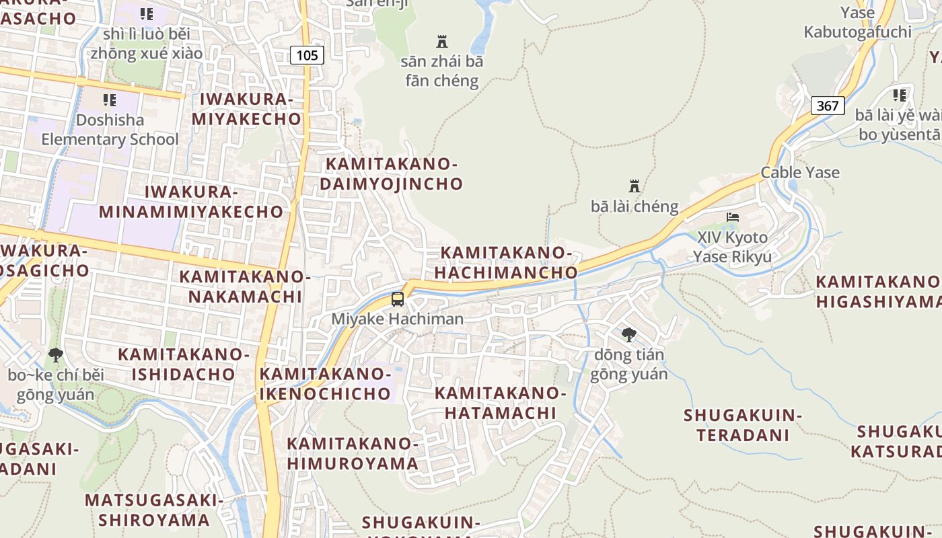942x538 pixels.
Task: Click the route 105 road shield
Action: [x=307, y=55]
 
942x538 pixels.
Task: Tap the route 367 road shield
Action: [x=828, y=106]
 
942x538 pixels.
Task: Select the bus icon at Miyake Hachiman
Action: [x=398, y=299]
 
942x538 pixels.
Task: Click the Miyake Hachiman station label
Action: [x=398, y=319]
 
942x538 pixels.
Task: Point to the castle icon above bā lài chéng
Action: [x=634, y=186]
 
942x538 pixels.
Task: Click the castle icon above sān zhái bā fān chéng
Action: [x=442, y=41]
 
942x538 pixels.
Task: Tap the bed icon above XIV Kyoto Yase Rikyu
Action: [x=733, y=217]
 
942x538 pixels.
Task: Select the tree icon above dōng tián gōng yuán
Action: [x=629, y=334]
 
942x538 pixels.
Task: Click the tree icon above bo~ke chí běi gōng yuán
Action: [x=56, y=354]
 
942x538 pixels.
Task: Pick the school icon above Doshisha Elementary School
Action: [x=110, y=100]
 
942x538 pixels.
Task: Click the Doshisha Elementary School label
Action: [x=110, y=130]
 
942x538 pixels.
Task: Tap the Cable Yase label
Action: [x=800, y=172]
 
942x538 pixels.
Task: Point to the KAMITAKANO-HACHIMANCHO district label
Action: [x=506, y=262]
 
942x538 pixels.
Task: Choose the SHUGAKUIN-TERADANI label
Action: [x=743, y=425]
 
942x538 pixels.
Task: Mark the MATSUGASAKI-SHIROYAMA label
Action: [x=154, y=510]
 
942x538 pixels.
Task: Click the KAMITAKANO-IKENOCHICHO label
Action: [x=325, y=383]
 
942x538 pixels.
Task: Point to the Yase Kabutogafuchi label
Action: [x=858, y=22]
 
